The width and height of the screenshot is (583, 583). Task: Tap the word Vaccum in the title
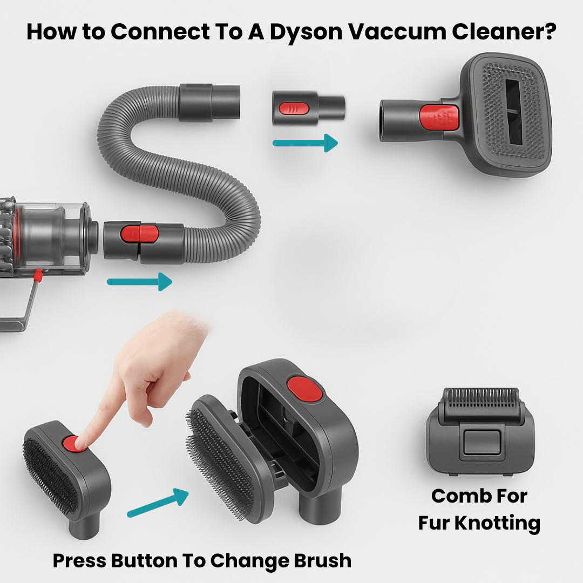click(x=397, y=32)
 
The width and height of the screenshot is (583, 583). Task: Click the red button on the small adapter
click(x=294, y=109)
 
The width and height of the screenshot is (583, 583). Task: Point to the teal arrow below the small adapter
click(x=305, y=143)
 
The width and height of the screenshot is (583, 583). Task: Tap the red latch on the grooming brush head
click(x=439, y=118)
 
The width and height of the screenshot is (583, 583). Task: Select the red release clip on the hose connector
click(x=139, y=234)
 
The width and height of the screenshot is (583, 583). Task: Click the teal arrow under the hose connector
click(x=139, y=281)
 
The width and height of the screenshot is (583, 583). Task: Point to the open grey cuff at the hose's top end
click(x=209, y=103)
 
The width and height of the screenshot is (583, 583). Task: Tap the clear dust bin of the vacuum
click(x=52, y=239)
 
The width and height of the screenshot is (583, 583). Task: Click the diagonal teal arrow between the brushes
click(x=158, y=503)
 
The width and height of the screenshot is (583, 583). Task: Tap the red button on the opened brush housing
click(x=305, y=389)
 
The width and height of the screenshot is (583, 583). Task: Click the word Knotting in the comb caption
click(x=498, y=523)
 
